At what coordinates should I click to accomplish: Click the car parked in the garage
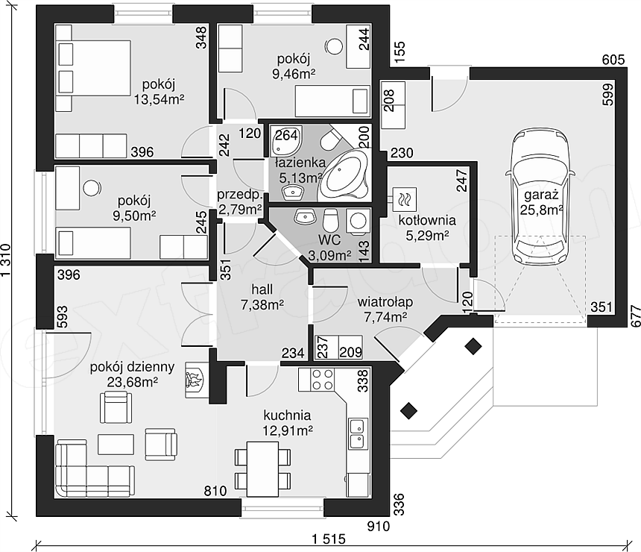tap(537, 197)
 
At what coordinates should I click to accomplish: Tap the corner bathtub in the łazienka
tap(344, 175)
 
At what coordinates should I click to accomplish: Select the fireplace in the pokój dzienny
tap(195, 380)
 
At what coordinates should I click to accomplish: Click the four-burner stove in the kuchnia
tap(323, 380)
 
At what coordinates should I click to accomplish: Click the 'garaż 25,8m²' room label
tap(542, 202)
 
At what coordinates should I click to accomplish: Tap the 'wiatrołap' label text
tap(385, 302)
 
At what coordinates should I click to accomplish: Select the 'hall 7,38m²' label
tap(262, 297)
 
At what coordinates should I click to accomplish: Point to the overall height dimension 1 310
tap(7, 260)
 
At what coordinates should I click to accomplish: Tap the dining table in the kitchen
tap(263, 468)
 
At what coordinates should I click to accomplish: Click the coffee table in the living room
tap(116, 444)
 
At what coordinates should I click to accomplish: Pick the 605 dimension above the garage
tap(613, 60)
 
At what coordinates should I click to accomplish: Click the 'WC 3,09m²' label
tap(329, 248)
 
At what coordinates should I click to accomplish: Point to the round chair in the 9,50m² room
tap(92, 188)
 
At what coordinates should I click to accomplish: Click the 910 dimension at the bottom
tap(378, 526)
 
